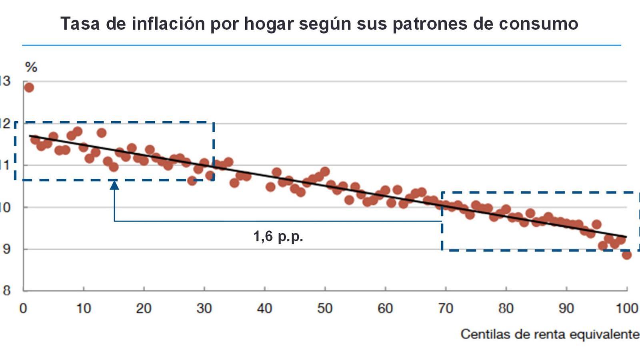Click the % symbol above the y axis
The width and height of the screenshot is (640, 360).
pyautogui.click(x=31, y=67)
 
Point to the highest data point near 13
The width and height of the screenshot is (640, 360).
pyautogui.click(x=29, y=88)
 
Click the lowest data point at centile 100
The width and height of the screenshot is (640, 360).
pyautogui.click(x=627, y=255)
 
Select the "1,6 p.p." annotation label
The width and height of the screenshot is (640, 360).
pyautogui.click(x=278, y=236)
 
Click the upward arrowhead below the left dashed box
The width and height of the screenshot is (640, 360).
pyautogui.click(x=114, y=184)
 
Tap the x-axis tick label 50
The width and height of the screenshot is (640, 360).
pyautogui.click(x=325, y=308)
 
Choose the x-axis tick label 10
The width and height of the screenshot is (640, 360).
pyautogui.click(x=84, y=308)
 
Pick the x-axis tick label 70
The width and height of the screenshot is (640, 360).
pyautogui.click(x=446, y=308)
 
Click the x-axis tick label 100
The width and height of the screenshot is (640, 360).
pyautogui.click(x=627, y=308)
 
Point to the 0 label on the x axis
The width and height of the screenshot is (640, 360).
pyautogui.click(x=23, y=308)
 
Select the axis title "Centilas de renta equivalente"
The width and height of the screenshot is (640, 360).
pyautogui.click(x=550, y=334)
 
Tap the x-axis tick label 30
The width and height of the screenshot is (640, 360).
pyautogui.click(x=204, y=308)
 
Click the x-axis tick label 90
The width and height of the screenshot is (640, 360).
pyautogui.click(x=566, y=308)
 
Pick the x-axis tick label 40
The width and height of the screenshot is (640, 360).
pyautogui.click(x=264, y=308)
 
